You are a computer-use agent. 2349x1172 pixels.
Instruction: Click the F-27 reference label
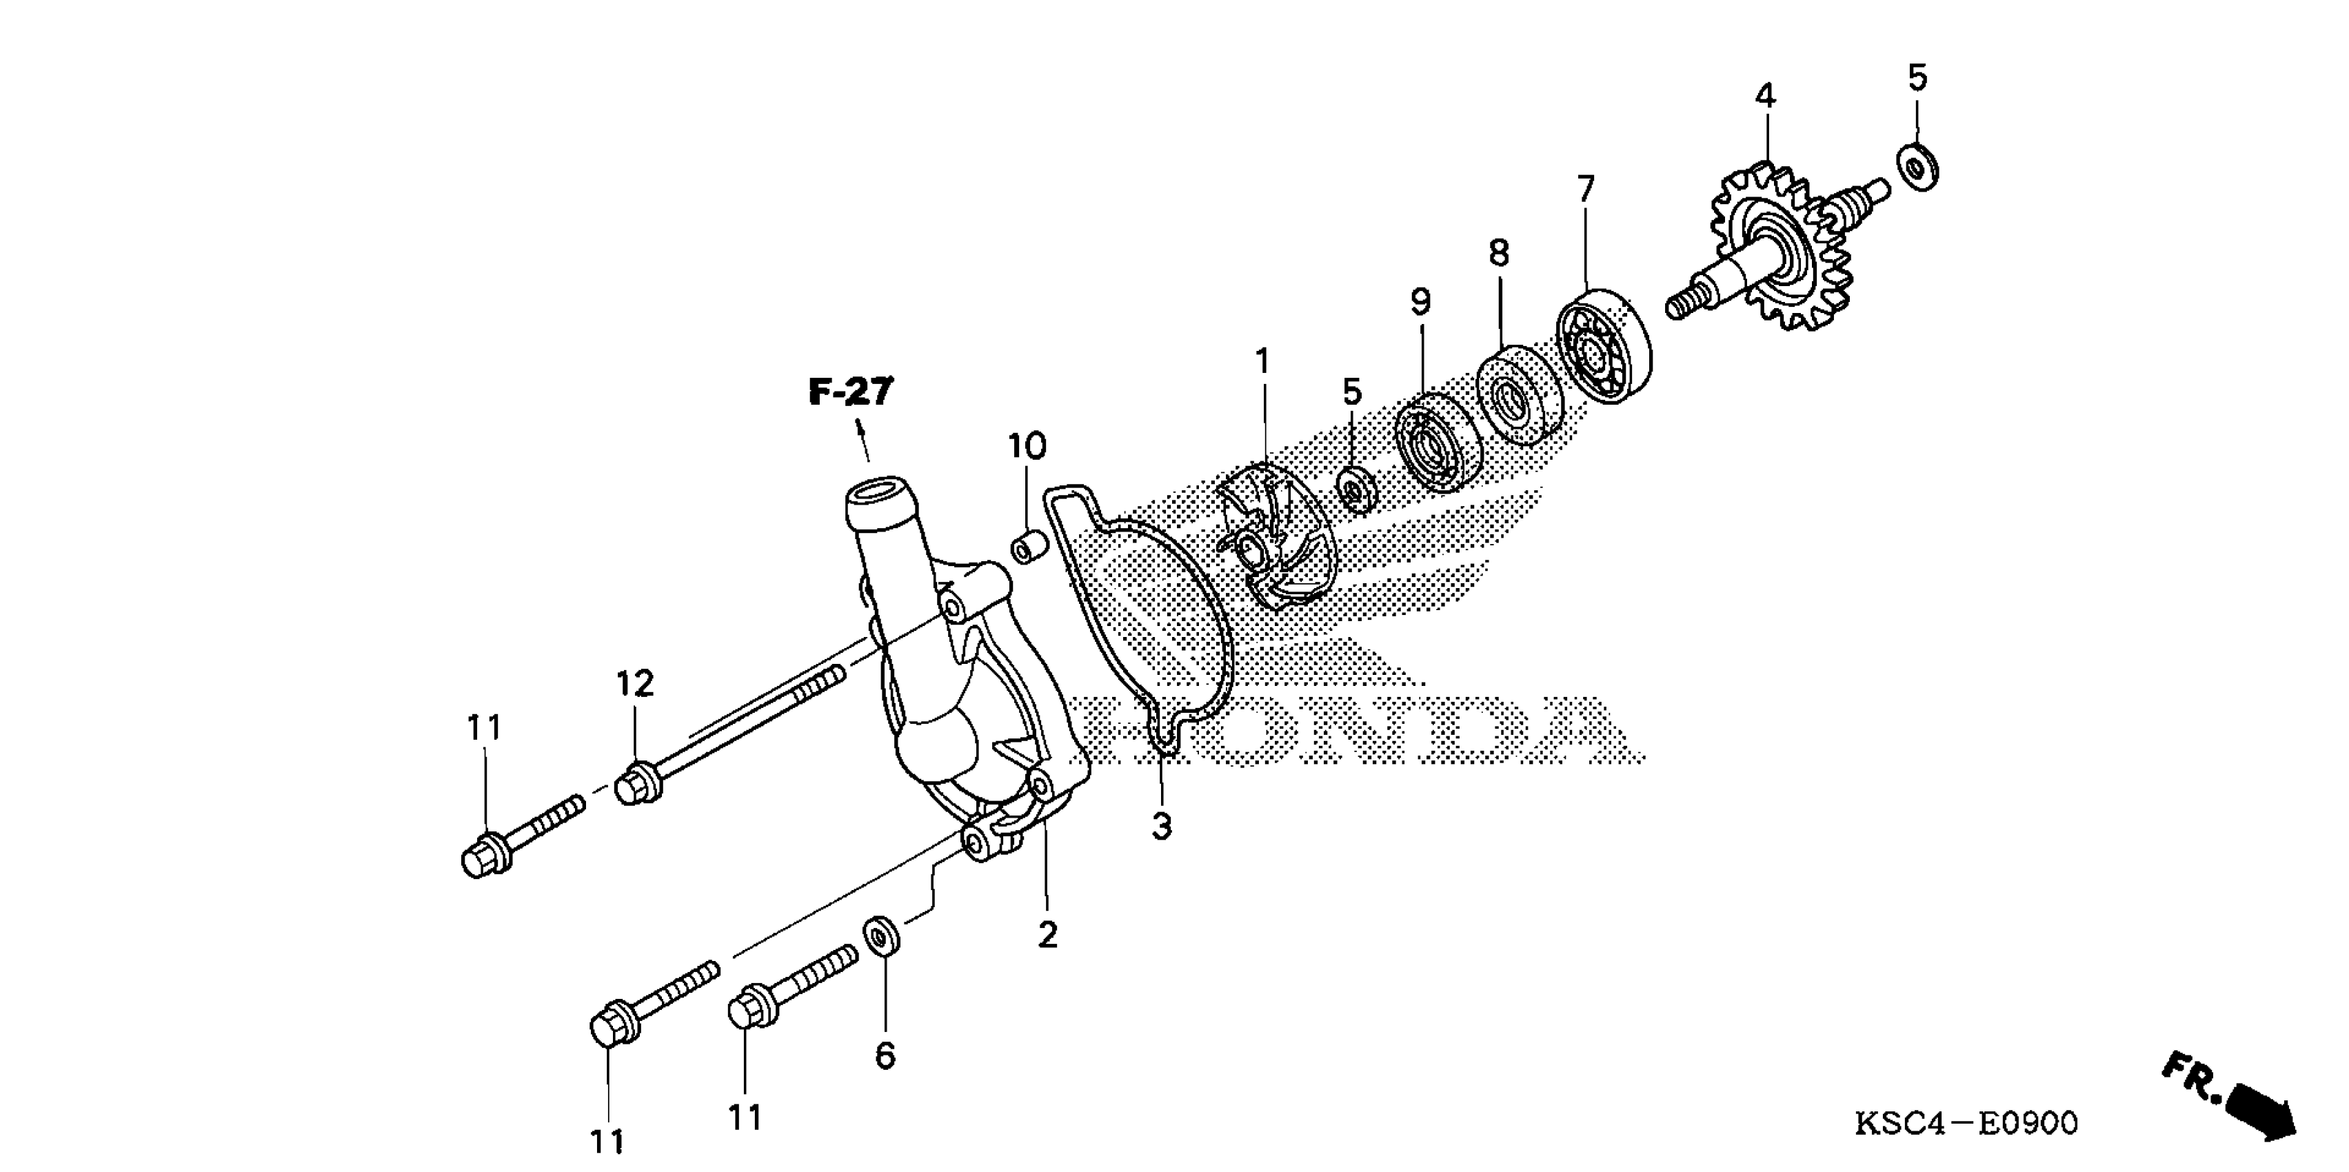(851, 392)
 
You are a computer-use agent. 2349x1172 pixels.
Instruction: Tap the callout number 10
(1027, 446)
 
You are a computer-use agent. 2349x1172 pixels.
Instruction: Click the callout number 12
(635, 683)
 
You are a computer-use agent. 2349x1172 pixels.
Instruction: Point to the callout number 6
(885, 1056)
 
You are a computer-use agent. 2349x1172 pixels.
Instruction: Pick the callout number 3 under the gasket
(1161, 827)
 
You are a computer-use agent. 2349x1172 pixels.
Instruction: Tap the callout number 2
(1048, 934)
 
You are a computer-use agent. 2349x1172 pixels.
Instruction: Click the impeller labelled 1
(1277, 538)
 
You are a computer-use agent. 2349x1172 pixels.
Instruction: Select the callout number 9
(1421, 302)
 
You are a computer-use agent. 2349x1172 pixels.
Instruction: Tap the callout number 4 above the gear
(1766, 96)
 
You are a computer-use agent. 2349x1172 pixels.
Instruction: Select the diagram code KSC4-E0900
(1966, 1123)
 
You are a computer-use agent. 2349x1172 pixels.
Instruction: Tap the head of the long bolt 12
(635, 786)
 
